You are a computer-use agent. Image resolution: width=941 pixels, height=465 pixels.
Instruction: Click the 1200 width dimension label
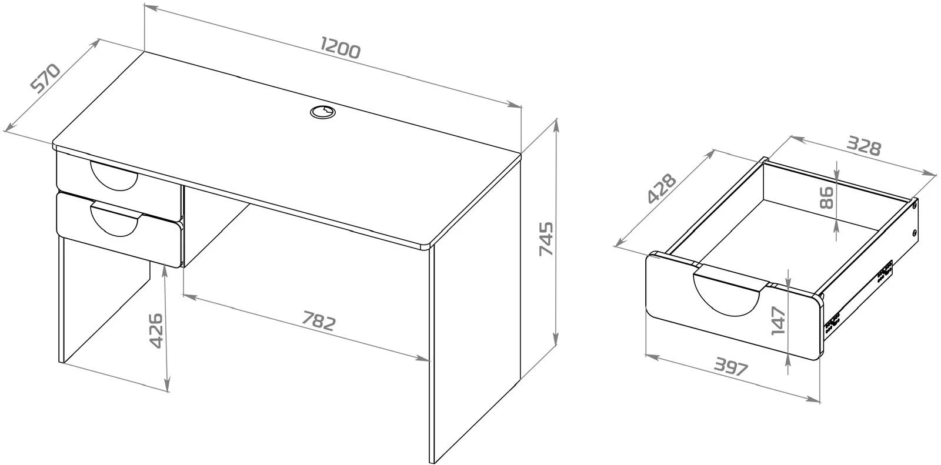coord(340,48)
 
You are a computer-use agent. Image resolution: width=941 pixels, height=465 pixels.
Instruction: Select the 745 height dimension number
coord(546,239)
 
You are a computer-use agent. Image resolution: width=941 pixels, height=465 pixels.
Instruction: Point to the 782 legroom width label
coord(319,321)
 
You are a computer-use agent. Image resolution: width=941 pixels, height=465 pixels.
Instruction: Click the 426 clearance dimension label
coord(156,330)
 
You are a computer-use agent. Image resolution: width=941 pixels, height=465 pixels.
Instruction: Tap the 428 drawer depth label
coord(662,188)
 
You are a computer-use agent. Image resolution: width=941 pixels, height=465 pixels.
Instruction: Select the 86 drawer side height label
coord(826,198)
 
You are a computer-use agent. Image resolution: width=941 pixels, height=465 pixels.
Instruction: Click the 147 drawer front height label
coord(779,320)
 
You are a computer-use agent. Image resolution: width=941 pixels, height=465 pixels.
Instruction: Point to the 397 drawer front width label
coord(732,367)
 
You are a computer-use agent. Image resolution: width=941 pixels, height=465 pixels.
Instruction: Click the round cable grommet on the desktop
coord(323,112)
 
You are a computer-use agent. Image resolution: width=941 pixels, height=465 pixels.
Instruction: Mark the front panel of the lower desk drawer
coord(119,229)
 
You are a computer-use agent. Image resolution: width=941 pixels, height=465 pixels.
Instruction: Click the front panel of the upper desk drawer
coord(119,185)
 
